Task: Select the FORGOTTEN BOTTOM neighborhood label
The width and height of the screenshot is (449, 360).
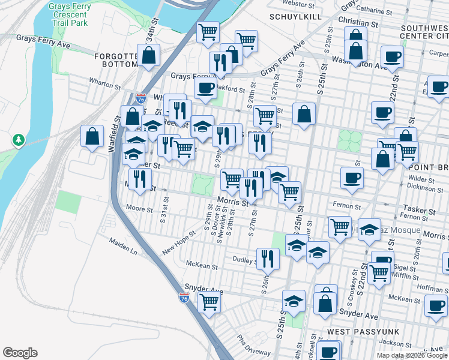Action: pyautogui.click(x=116, y=60)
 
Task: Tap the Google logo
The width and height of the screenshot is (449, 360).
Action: pyautogui.click(x=20, y=353)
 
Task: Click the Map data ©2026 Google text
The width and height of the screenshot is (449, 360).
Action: pyautogui.click(x=412, y=355)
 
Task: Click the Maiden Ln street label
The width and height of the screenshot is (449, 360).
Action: pyautogui.click(x=123, y=246)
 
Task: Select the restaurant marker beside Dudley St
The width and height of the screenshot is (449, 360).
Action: pyautogui.click(x=268, y=258)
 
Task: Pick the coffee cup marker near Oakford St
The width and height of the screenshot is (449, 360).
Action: pyautogui.click(x=205, y=89)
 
